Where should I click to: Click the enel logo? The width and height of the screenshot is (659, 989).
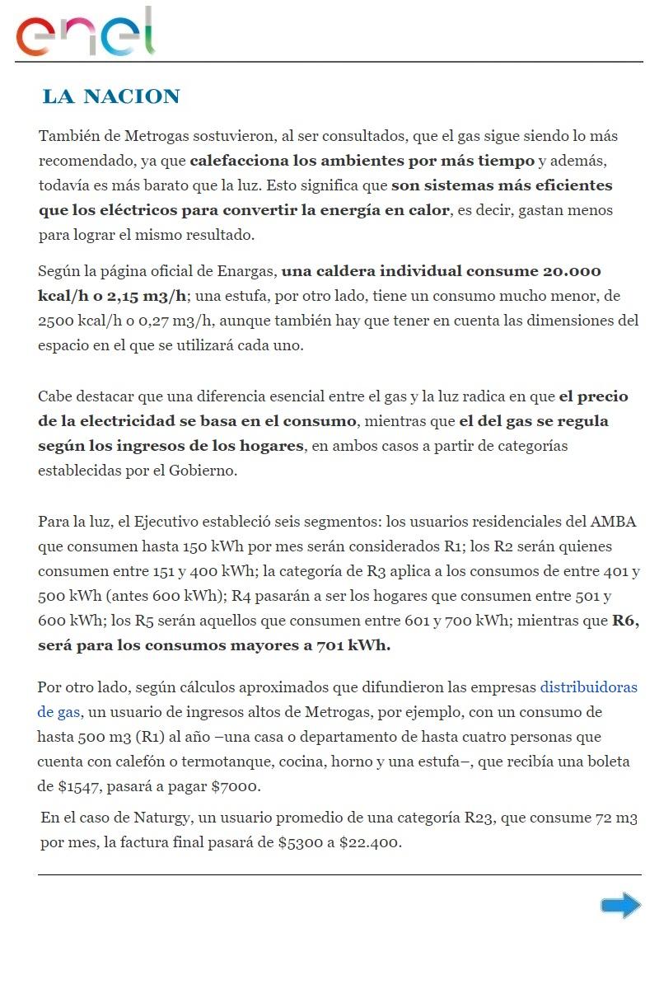[85, 33]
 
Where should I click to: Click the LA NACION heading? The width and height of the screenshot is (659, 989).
[111, 96]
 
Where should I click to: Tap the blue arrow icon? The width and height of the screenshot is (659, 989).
[620, 906]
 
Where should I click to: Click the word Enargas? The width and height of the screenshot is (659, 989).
[248, 271]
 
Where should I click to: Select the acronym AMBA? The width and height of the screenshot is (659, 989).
[613, 522]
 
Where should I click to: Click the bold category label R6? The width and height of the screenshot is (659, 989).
[626, 621]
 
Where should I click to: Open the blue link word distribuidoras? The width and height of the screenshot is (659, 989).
[588, 687]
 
